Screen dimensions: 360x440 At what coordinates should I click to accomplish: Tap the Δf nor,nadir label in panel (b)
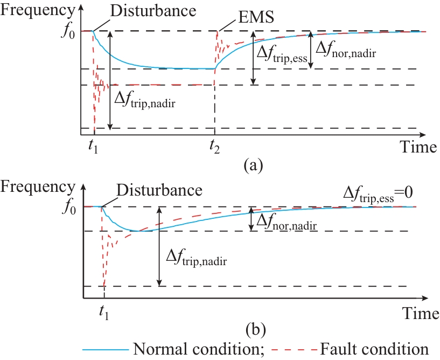point(285,221)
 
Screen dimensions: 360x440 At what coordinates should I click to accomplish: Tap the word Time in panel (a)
point(418,147)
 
